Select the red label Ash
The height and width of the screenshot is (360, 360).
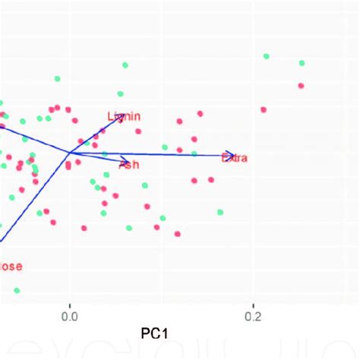[x=129, y=164]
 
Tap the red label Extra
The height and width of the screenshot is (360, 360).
[x=234, y=157]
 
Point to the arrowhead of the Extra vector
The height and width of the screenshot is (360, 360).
[x=232, y=156]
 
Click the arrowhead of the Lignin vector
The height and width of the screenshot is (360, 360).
[x=124, y=115]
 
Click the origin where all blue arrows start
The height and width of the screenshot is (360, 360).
[x=70, y=153]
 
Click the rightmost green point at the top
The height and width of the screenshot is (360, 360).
[x=302, y=63]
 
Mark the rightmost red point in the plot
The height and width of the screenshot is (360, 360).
[x=301, y=86]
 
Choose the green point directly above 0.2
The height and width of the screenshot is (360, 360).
[x=266, y=56]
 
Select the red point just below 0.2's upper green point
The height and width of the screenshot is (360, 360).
[x=264, y=110]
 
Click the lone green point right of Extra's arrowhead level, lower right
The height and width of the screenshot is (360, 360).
[x=219, y=212]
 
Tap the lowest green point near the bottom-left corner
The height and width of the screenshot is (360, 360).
[x=17, y=290]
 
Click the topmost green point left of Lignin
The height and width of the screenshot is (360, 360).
[x=57, y=77]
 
